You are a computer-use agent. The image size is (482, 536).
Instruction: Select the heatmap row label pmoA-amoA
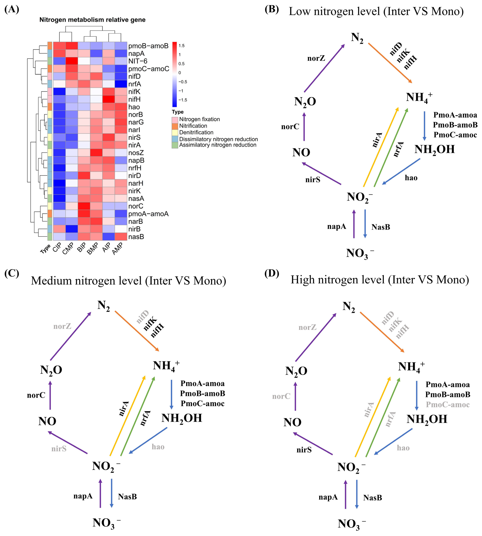(x=148, y=214)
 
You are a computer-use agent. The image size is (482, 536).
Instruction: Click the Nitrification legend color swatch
(x=175, y=126)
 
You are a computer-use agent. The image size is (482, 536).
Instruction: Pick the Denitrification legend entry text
(x=196, y=132)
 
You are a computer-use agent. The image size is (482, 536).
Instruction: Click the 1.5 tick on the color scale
(x=181, y=46)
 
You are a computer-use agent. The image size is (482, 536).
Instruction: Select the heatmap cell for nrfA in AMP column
(x=121, y=84)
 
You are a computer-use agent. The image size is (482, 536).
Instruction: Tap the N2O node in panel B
(x=305, y=101)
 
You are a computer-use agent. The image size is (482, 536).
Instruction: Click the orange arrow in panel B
(x=390, y=63)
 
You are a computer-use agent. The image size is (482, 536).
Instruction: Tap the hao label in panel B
(x=411, y=178)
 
